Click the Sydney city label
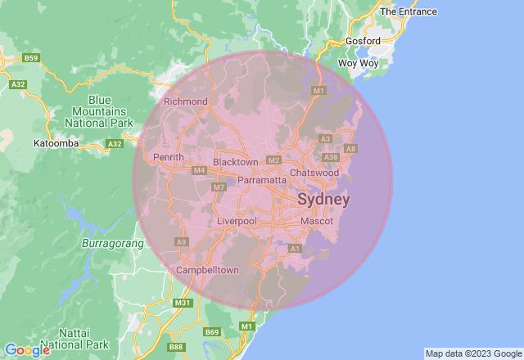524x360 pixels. tap(323, 200)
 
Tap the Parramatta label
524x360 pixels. tap(262, 179)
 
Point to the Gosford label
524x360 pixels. tap(362, 41)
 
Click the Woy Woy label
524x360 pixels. tap(358, 62)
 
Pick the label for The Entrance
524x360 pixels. tap(408, 11)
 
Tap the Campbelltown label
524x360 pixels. tap(208, 270)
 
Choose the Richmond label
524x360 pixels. tap(186, 101)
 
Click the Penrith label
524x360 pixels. tap(169, 157)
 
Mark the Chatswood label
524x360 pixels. tap(314, 173)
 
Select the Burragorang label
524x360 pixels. tap(113, 243)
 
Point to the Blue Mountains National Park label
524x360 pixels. tap(102, 110)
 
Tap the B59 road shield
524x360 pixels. tap(31, 58)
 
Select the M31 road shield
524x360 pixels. tap(183, 303)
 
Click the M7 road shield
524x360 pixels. tap(219, 187)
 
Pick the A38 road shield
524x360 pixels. tap(331, 157)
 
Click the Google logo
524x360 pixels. tap(26, 350)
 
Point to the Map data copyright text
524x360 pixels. tap(472, 353)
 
